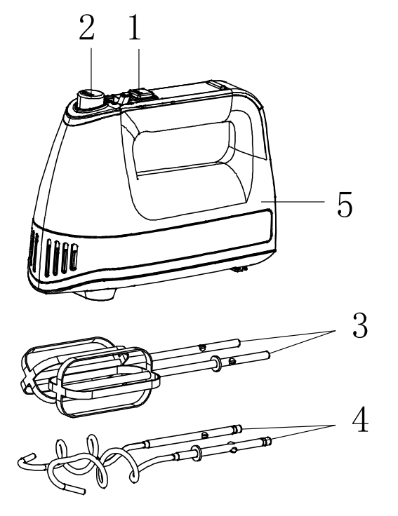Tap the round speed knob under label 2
coord(89,99)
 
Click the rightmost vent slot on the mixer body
coord(72,258)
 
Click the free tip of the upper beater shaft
coord(240,344)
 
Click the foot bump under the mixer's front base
coord(98,294)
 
